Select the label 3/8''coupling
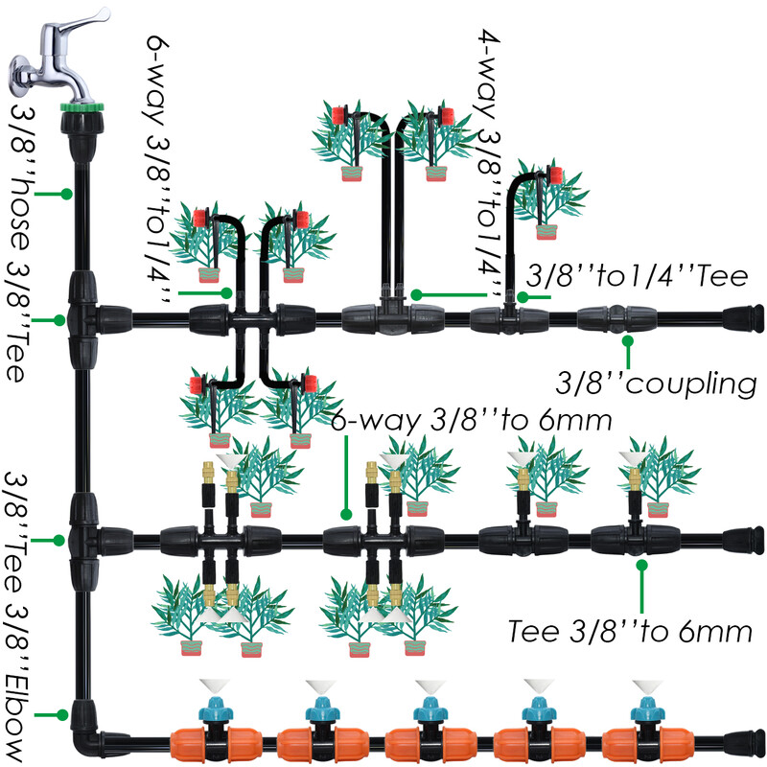658,383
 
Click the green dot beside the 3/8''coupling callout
628,339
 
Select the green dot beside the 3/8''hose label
66,193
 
